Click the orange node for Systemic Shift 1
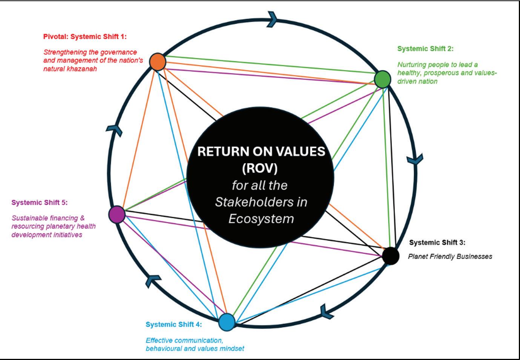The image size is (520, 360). (x=158, y=62)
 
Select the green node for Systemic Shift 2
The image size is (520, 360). (x=382, y=79)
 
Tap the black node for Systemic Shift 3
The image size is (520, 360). (x=391, y=256)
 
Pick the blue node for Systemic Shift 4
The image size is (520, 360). (x=227, y=322)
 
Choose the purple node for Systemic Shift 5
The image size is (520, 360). (x=117, y=214)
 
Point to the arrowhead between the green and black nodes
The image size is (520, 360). (x=415, y=160)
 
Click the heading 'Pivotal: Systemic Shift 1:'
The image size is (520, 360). (x=85, y=37)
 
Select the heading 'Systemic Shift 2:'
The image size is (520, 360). (x=425, y=49)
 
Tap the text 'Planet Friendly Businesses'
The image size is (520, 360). (x=450, y=256)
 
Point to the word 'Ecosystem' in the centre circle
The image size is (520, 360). (x=261, y=219)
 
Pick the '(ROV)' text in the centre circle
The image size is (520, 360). (x=260, y=168)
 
